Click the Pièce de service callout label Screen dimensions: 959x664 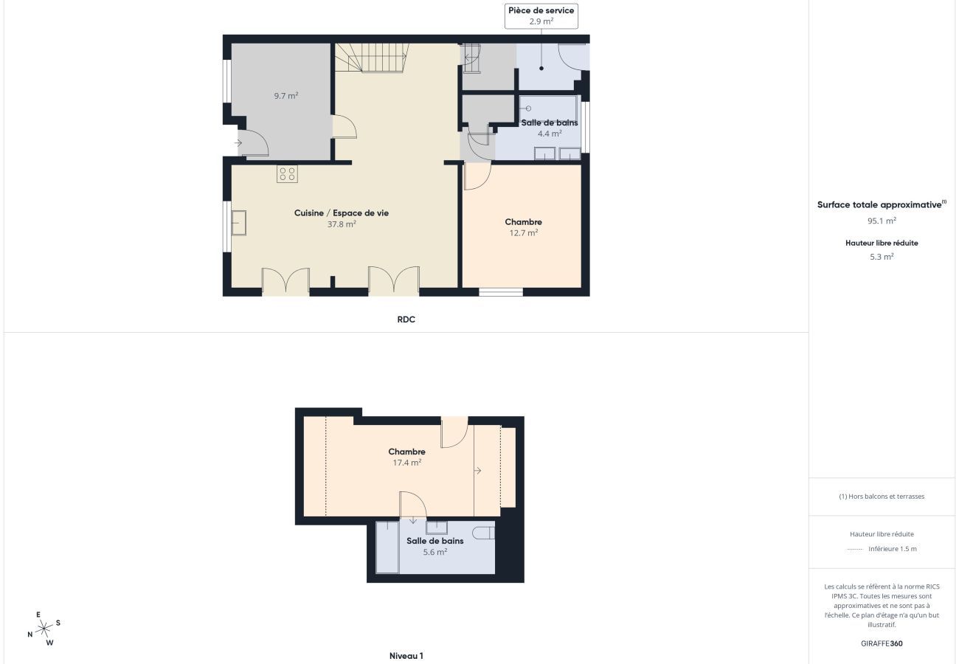click(x=541, y=15)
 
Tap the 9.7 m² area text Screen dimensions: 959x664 click(x=286, y=95)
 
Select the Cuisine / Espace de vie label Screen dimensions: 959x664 click(x=342, y=212)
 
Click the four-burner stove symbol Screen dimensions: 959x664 click(x=287, y=174)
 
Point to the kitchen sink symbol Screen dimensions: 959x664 click(x=238, y=223)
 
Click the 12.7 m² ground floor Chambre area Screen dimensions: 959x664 click(x=523, y=233)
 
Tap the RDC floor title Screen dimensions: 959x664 click(x=406, y=319)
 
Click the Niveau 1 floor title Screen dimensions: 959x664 click(x=406, y=655)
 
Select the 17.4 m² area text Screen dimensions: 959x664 click(x=406, y=463)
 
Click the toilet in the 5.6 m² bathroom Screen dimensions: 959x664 click(x=483, y=533)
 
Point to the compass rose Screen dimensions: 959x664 click(x=44, y=629)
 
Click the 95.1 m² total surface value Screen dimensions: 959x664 click(x=882, y=221)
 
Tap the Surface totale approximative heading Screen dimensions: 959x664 click(x=882, y=204)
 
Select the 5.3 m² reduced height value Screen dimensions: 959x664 click(x=882, y=257)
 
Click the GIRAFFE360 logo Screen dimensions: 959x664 click(x=882, y=643)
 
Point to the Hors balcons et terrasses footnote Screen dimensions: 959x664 click(x=882, y=497)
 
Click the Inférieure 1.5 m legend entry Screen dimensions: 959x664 click(x=882, y=549)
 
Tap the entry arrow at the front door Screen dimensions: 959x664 click(x=238, y=143)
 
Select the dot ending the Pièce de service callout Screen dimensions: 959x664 click(x=541, y=68)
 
